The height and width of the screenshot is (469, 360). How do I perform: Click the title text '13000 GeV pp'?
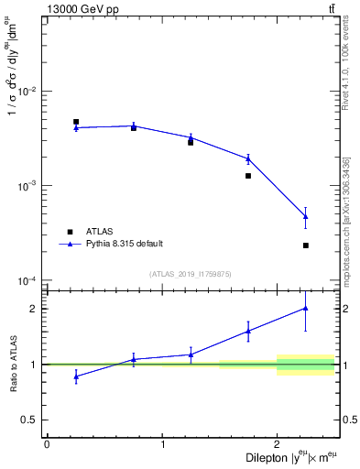tap(80, 8)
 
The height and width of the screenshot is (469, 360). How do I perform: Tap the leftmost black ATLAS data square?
tap(76, 122)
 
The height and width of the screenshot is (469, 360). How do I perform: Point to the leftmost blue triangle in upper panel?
tap(76, 127)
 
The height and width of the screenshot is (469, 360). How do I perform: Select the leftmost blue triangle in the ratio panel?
tap(76, 376)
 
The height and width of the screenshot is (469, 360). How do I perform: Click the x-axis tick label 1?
tap(162, 444)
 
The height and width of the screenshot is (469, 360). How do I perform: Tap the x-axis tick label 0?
tap(47, 444)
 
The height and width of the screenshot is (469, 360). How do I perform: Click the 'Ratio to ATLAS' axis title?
tap(12, 364)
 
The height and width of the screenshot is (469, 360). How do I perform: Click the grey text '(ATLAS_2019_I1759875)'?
tap(191, 274)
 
